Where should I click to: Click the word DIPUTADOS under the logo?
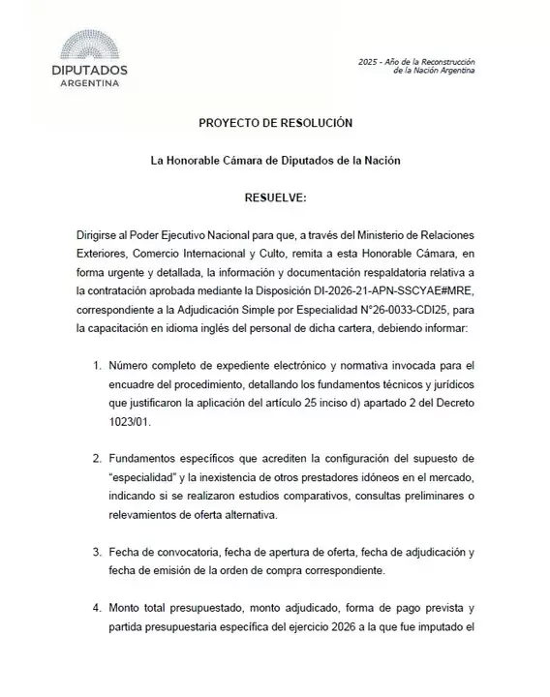[89, 71]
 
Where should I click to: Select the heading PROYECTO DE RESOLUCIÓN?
[275, 123]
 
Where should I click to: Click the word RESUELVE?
[275, 197]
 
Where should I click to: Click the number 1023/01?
[129, 422]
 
